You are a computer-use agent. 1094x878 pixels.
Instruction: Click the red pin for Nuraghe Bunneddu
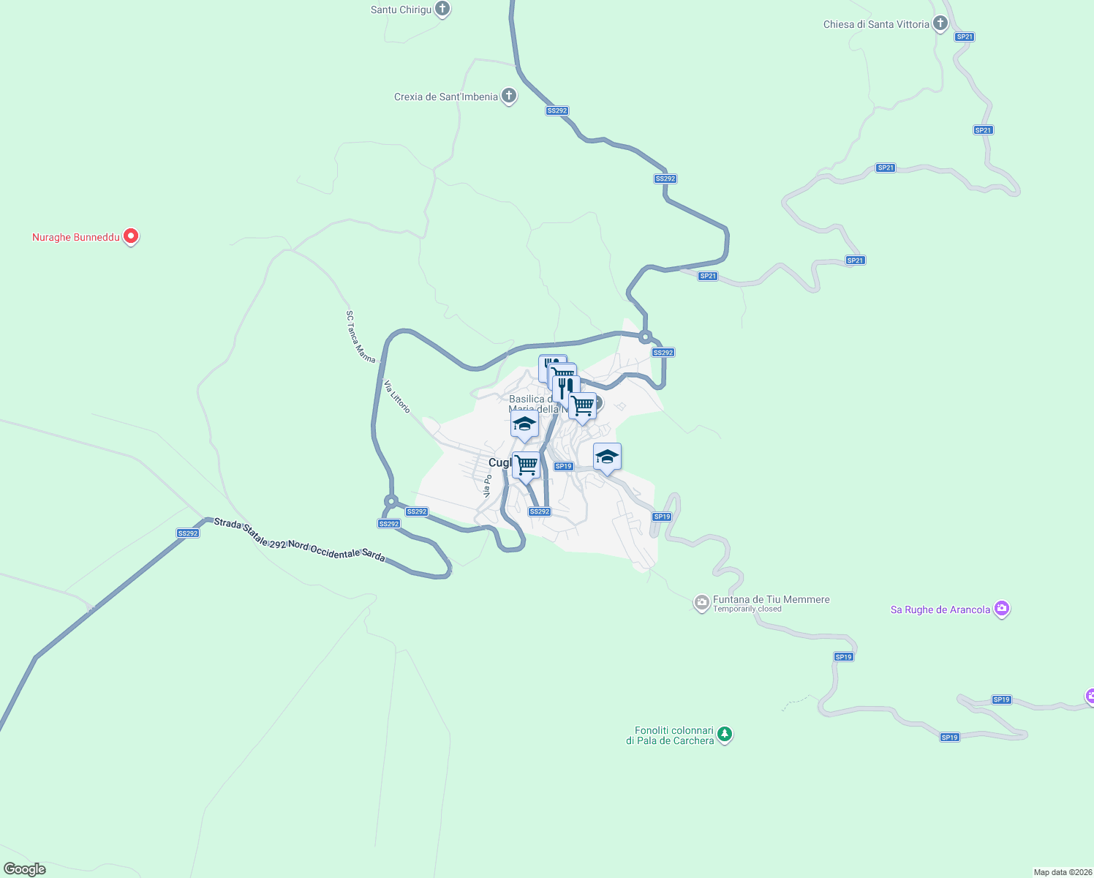pos(131,236)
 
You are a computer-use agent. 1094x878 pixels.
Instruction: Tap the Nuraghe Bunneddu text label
pos(75,237)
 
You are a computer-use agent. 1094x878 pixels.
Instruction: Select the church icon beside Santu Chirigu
pos(442,9)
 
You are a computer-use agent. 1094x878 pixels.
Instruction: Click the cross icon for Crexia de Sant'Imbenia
pos(509,96)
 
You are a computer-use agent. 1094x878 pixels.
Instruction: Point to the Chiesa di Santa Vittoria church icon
pos(940,23)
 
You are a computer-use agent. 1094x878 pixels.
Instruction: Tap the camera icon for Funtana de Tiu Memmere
pos(702,603)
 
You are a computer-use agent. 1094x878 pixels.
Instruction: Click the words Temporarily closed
pos(747,609)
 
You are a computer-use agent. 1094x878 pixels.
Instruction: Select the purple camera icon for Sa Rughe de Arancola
pos(1002,609)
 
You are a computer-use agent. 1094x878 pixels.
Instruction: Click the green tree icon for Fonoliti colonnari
pos(725,734)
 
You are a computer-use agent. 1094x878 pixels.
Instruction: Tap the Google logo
pos(25,869)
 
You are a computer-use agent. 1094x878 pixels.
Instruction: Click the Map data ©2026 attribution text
pos(1062,872)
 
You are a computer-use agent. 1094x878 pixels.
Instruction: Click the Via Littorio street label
pos(397,397)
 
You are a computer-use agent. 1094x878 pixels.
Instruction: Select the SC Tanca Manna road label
pos(360,337)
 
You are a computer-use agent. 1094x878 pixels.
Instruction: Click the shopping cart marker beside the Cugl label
pos(527,465)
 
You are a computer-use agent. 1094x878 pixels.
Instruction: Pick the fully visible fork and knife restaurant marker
pos(566,388)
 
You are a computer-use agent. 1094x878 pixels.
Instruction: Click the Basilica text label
pos(531,399)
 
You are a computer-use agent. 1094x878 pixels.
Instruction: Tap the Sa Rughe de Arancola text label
pos(940,609)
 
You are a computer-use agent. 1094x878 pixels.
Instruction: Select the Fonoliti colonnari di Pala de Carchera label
pos(670,736)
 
